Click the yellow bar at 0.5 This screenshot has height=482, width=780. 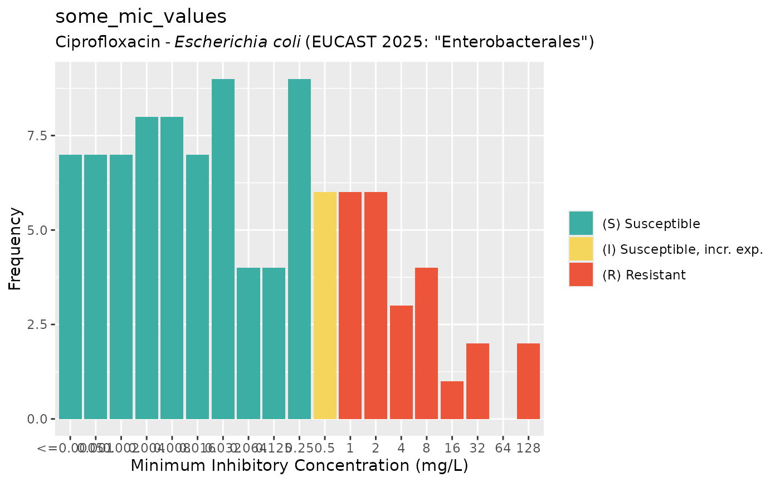coord(325,306)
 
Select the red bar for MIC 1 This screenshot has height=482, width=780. coord(350,306)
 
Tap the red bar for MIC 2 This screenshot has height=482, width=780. coord(376,306)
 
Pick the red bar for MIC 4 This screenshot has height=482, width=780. coord(401,362)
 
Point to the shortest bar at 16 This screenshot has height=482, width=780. coord(452,400)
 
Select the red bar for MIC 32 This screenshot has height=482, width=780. coord(477,381)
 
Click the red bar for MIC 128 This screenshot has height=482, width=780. coord(528,381)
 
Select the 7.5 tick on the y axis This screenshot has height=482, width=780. coord(38,136)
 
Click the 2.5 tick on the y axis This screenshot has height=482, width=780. coord(38,324)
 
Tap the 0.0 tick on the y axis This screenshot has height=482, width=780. coord(38,419)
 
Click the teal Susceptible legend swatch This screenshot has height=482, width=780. coord(581,224)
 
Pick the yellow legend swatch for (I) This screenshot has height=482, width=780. coord(581,249)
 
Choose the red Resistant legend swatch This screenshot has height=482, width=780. coord(581,274)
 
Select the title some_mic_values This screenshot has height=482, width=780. coord(141,17)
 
